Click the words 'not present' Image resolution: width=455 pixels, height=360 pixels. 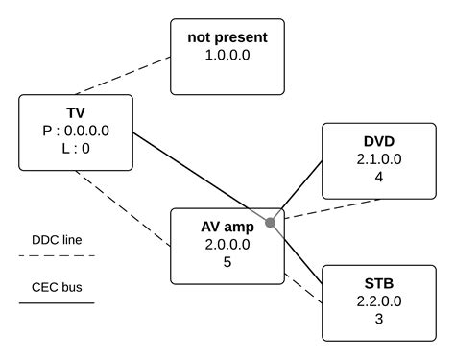pyautogui.click(x=227, y=39)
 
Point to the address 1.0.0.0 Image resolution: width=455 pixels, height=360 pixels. pyautogui.click(x=227, y=57)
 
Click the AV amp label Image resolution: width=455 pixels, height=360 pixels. pyautogui.click(x=227, y=228)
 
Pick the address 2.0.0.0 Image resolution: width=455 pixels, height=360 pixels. pyautogui.click(x=227, y=245)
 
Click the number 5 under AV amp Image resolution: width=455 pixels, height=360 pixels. pyautogui.click(x=227, y=262)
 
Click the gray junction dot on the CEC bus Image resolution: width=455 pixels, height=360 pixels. pyautogui.click(x=271, y=223)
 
